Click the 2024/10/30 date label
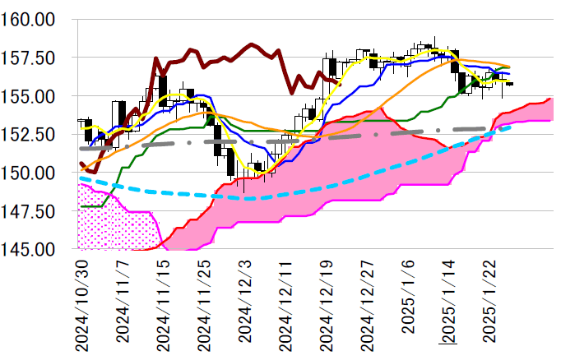[81, 305]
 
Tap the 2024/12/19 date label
[327, 305]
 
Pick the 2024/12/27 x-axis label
[368, 305]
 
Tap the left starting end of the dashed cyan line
[80, 178]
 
